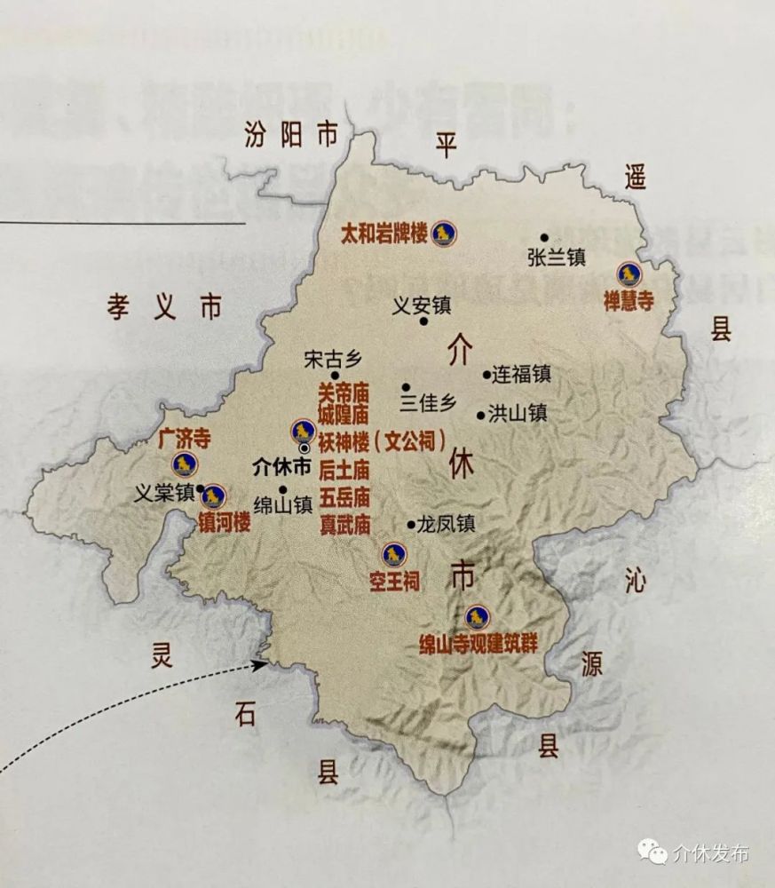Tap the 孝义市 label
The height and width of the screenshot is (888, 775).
(x=164, y=307)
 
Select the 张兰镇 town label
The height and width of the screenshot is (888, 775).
(x=557, y=258)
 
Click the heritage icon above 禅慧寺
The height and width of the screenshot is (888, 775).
(x=630, y=274)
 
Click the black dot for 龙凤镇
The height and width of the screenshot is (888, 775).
(x=410, y=524)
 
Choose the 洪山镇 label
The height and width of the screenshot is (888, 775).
(x=518, y=414)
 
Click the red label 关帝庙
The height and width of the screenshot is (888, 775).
(x=344, y=391)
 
